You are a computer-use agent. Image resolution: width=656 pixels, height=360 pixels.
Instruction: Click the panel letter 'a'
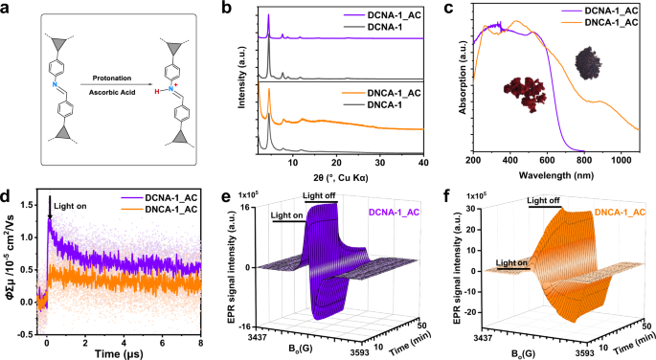coord(7,8)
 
